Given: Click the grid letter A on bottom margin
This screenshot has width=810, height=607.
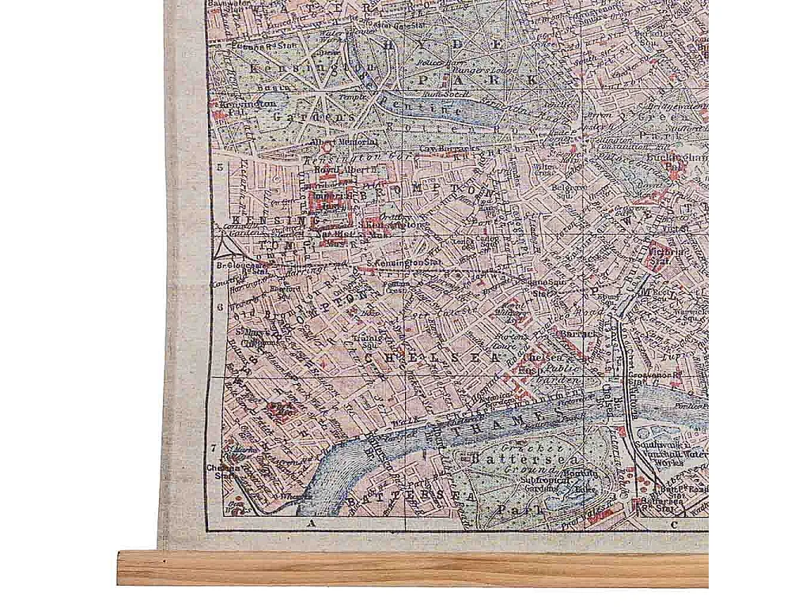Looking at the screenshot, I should [312, 524].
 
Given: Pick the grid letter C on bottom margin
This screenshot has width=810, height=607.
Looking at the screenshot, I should [674, 524].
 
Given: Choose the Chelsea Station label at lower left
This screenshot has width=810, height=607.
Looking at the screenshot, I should [223, 470].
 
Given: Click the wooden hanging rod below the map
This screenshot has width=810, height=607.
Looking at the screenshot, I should [411, 568].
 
